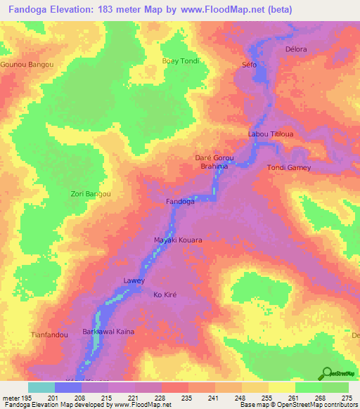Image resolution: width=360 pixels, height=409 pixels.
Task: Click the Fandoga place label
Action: [180, 202]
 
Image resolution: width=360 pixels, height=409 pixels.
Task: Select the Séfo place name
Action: [249, 65]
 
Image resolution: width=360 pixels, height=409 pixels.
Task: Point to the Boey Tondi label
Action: [181, 60]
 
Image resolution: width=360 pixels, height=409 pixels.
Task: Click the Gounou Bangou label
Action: [27, 64]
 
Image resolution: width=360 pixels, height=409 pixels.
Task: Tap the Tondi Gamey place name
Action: [288, 167]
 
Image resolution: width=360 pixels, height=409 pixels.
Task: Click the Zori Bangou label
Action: [91, 193]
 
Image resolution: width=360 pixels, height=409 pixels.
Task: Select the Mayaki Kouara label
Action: [178, 240]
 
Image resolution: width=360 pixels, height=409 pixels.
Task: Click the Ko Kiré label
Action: [169, 295]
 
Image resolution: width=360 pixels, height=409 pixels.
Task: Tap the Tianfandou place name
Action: [50, 335]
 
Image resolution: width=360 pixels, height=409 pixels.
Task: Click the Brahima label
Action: [214, 167]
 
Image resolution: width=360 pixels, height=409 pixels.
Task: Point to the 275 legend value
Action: [347, 398]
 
